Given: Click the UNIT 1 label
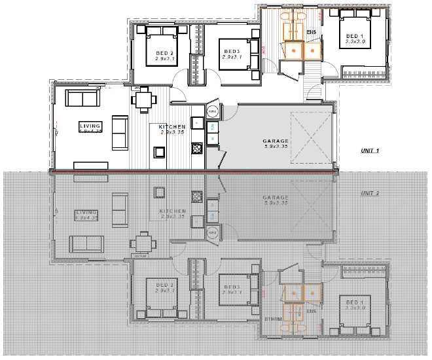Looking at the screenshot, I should pyautogui.click(x=370, y=151).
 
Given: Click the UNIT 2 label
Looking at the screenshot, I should pyautogui.click(x=370, y=193).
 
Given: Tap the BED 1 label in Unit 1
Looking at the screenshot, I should pyautogui.click(x=353, y=36).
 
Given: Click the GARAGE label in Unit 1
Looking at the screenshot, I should pyautogui.click(x=276, y=141).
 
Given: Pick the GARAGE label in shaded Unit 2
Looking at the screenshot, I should pyautogui.click(x=276, y=197).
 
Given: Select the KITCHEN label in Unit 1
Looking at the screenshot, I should pyautogui.click(x=171, y=126).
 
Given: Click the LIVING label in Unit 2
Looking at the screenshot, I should pyautogui.click(x=86, y=212).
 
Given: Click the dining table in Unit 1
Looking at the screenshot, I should pyautogui.click(x=143, y=100).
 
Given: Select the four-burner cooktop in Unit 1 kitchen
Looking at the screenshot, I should pyautogui.click(x=195, y=149).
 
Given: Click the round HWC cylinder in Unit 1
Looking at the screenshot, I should pyautogui.click(x=213, y=112).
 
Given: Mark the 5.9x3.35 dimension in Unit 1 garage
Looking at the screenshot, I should pyautogui.click(x=276, y=147).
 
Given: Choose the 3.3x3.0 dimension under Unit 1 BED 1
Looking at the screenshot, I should pyautogui.click(x=353, y=42).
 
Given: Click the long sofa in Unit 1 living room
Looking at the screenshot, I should pyautogui.click(x=82, y=99).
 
